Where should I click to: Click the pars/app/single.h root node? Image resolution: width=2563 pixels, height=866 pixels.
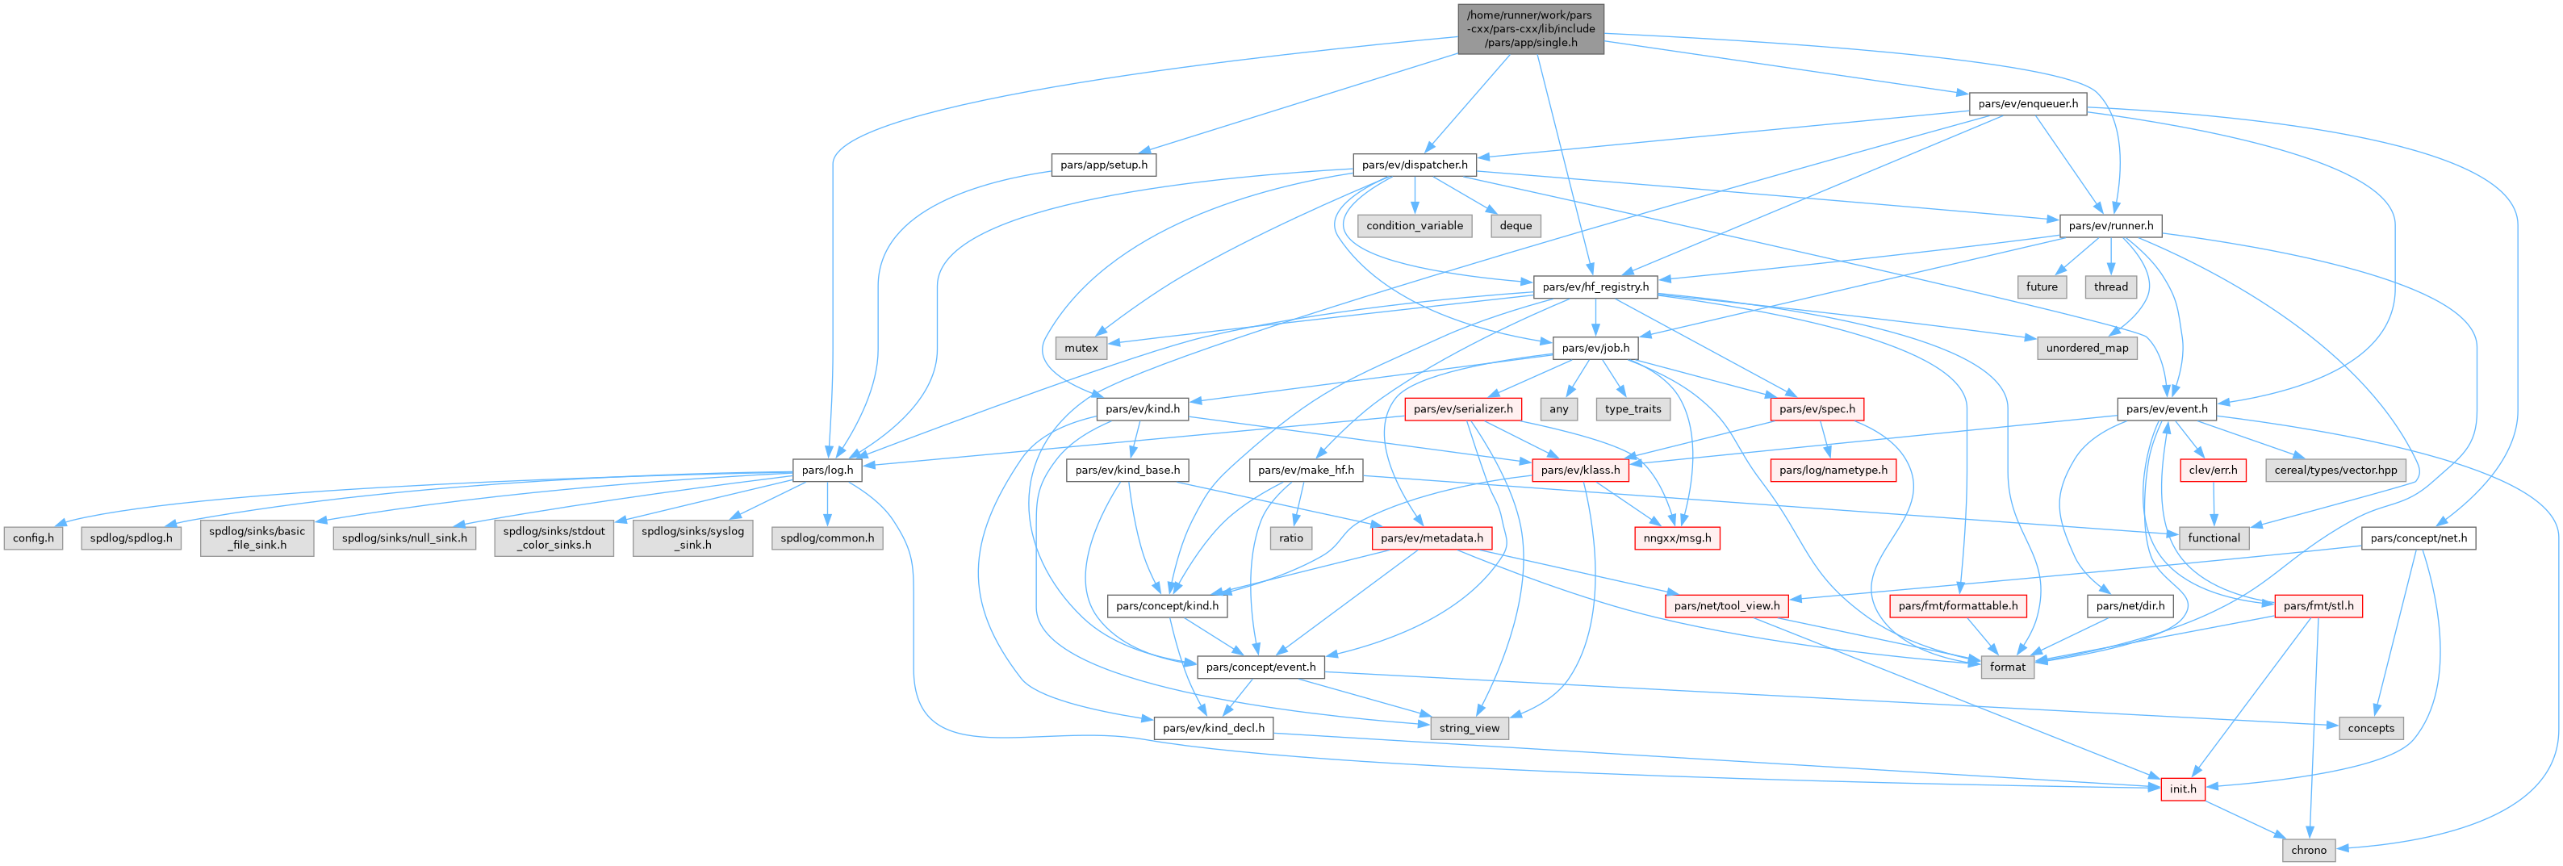[x=1530, y=29]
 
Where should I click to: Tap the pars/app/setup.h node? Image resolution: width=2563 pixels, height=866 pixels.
[x=1103, y=165]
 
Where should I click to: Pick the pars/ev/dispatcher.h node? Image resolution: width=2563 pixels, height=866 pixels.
[x=1414, y=165]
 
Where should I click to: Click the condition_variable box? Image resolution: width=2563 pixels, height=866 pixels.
[x=1414, y=226]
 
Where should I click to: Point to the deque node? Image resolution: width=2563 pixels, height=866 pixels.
[x=1516, y=226]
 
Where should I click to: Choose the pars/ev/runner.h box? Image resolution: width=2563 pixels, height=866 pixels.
[x=2110, y=226]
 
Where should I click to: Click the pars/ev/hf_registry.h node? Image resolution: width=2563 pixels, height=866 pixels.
[x=1595, y=287]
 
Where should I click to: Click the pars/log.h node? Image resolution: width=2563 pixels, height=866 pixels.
[x=827, y=470]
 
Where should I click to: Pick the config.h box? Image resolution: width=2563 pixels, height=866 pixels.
[x=33, y=538]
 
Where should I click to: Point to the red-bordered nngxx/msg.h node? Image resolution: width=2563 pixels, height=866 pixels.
[x=1676, y=538]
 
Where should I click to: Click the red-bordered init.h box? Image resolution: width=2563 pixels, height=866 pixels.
[x=2182, y=789]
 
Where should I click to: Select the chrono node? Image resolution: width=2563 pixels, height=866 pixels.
[x=2308, y=850]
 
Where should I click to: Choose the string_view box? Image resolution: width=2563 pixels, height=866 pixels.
[x=1469, y=729]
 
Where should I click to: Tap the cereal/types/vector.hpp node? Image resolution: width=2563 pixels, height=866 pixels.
[x=2335, y=470]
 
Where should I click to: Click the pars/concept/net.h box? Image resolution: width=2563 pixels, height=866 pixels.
[x=2418, y=538]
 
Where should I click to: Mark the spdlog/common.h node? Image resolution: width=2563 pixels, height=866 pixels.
[x=827, y=538]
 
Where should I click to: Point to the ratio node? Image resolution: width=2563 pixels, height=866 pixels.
[x=1290, y=538]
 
